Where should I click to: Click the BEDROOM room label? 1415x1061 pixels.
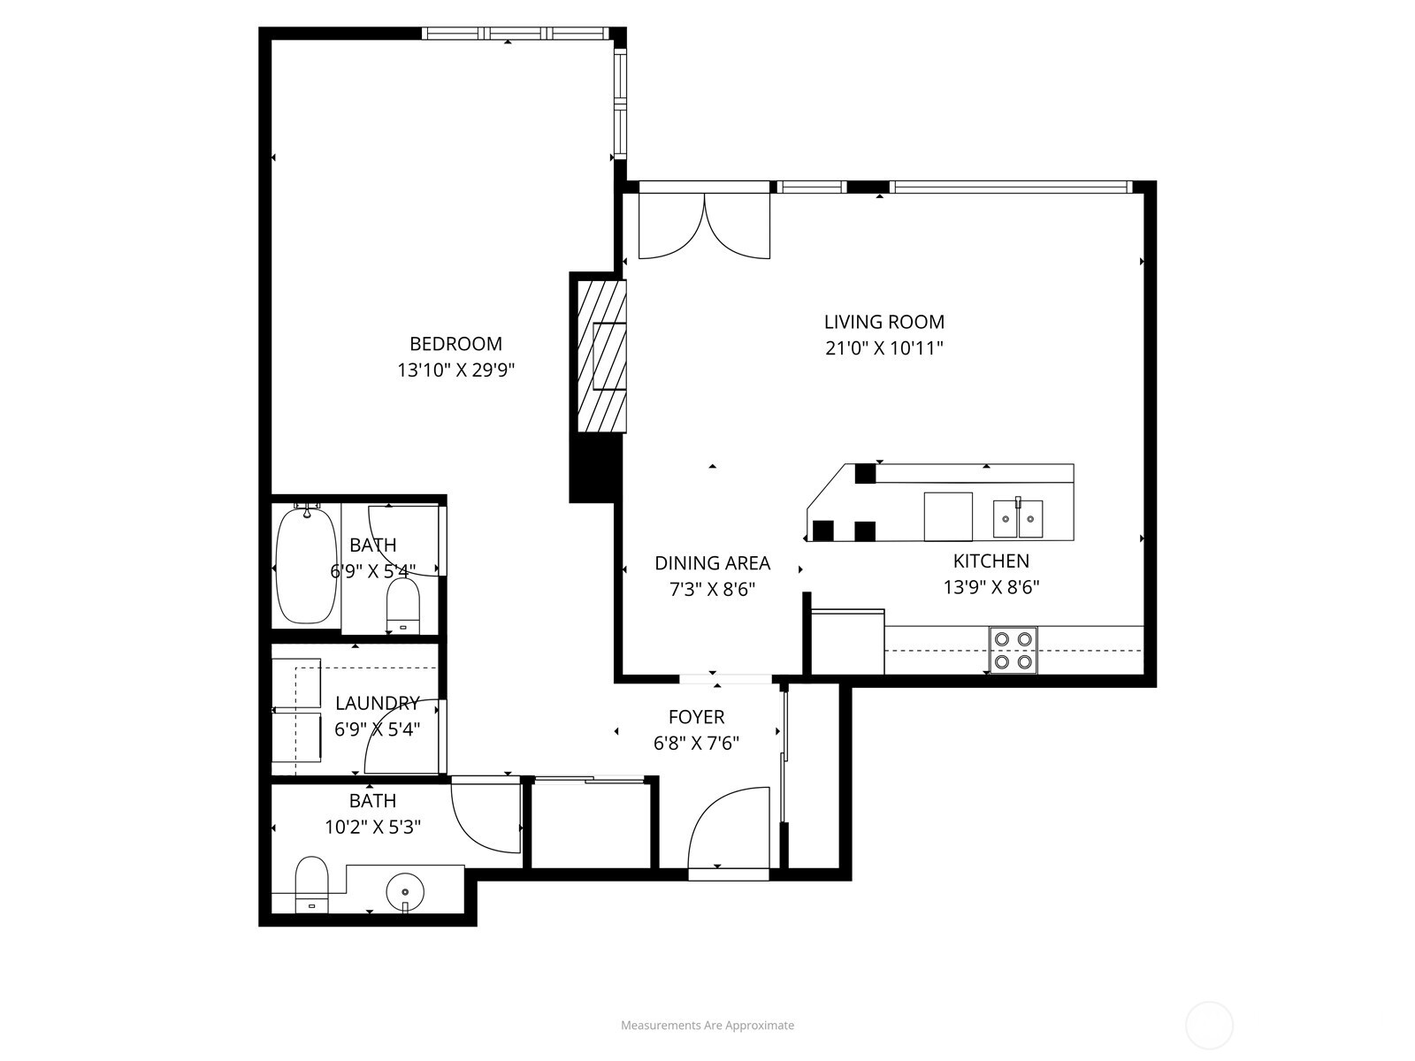[455, 344]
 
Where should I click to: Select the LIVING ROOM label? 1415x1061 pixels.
[883, 322]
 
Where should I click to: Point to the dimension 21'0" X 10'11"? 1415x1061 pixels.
[883, 348]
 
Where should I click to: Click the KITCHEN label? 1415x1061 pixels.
[990, 561]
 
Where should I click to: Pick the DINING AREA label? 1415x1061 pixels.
[712, 563]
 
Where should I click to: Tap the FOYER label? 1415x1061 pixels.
[696, 717]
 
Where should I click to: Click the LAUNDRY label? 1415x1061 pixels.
[377, 703]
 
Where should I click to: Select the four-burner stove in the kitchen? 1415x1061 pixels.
[1013, 650]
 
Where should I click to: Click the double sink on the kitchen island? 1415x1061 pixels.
[1017, 519]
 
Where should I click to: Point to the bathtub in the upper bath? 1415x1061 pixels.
[306, 566]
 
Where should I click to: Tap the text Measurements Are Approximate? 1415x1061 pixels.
[707, 1026]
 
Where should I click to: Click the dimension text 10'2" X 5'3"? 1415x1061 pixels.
[372, 828]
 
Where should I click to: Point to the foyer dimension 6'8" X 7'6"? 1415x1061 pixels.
[696, 744]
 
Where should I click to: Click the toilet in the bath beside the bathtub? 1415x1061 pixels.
[403, 609]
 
